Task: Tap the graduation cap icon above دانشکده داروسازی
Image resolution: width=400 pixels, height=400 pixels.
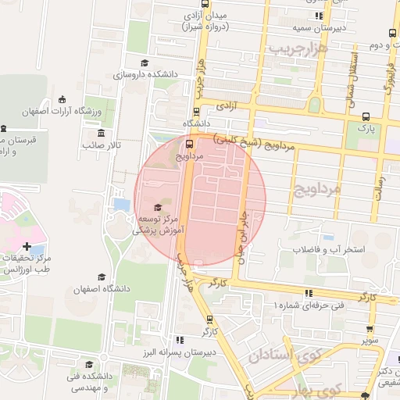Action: coord(143,63)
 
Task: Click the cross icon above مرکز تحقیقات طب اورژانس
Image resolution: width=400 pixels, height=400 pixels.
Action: coord(27,246)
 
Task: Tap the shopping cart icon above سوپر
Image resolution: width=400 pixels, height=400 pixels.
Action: coord(370,329)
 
